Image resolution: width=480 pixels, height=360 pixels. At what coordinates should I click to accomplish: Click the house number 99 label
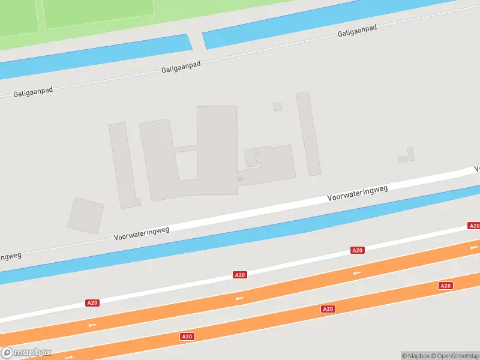point(240,178)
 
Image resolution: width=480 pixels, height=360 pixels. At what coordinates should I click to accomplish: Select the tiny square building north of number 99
point(277,107)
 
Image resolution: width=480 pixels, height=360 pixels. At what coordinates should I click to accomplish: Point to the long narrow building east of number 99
point(308,134)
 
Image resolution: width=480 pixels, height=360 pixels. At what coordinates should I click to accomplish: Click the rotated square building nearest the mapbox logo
point(86,215)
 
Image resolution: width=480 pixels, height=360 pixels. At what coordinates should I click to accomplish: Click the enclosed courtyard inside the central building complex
point(186,165)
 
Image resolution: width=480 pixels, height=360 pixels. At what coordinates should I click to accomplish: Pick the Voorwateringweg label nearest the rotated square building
point(142,233)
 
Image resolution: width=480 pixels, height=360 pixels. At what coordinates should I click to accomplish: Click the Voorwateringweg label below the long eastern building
point(358,193)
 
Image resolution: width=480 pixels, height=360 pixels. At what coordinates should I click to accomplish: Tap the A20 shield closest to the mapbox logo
point(92,303)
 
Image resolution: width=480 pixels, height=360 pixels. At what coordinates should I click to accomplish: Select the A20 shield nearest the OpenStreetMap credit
point(445,286)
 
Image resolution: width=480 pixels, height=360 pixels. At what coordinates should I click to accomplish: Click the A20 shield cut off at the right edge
point(474,226)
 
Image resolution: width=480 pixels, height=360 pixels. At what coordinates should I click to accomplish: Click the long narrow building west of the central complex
point(124,165)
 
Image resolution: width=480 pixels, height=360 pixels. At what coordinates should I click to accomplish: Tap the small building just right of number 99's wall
point(251,157)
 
